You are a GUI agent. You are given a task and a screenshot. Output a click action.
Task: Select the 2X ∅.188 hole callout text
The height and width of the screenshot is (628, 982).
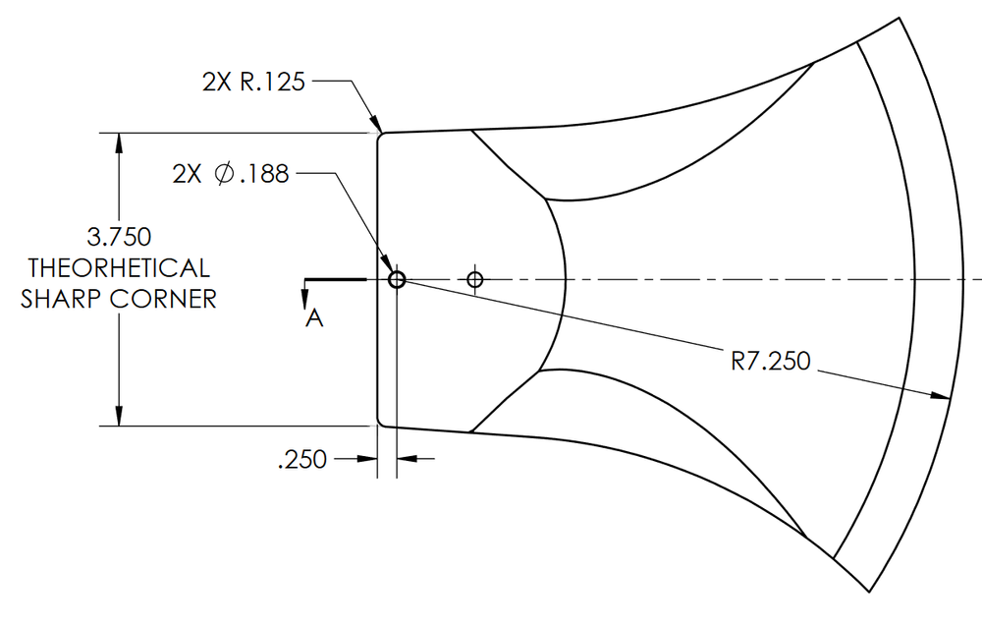coord(231,174)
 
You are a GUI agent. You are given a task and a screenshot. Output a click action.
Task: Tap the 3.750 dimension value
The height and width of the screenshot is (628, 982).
coord(120,238)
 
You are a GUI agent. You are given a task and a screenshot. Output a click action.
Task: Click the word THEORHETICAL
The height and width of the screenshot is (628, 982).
coord(119,268)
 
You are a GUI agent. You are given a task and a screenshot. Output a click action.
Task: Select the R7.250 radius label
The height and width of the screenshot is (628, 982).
coord(771,362)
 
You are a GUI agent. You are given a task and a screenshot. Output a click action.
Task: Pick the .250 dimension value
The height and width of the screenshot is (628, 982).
coord(302,459)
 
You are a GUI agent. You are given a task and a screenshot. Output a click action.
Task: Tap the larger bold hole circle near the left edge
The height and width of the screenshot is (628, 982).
coord(397,280)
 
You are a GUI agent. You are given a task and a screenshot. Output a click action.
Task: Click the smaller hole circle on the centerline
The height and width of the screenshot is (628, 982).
coord(475,280)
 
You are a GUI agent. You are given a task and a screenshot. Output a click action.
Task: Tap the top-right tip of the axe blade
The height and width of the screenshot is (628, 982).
coord(899,19)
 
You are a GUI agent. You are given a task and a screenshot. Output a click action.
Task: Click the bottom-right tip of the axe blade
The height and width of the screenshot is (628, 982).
coord(870,592)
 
